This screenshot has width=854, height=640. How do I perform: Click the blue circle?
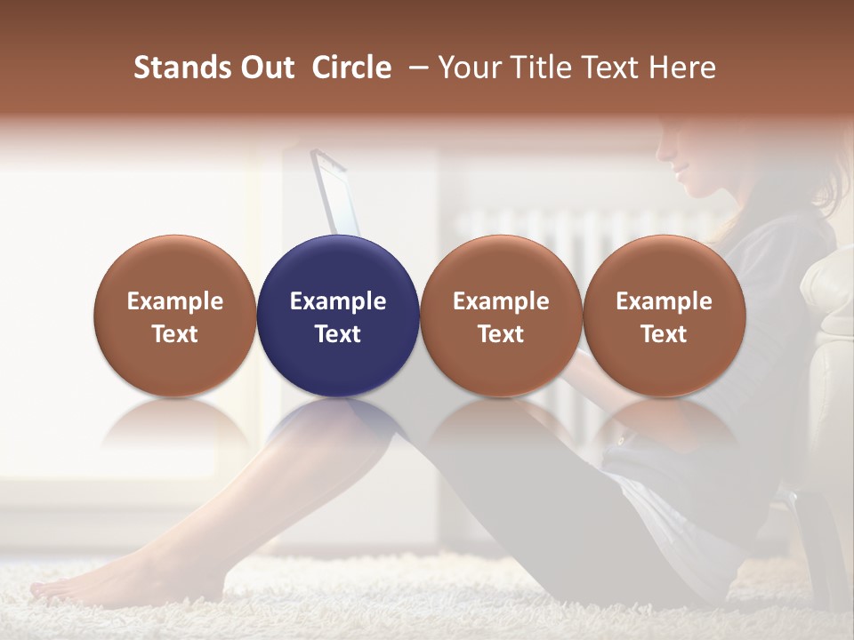(338, 316)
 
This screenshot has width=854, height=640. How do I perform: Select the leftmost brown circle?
(175, 316)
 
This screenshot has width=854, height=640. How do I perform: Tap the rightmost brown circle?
(664, 316)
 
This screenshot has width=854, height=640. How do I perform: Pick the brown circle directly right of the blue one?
(501, 316)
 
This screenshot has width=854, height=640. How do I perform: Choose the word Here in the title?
(681, 68)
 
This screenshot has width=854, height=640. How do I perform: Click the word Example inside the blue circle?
(338, 301)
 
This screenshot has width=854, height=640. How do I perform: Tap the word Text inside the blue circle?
(338, 334)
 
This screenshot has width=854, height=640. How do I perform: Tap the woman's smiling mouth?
(681, 172)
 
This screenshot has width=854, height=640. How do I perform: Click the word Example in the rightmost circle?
(664, 301)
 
